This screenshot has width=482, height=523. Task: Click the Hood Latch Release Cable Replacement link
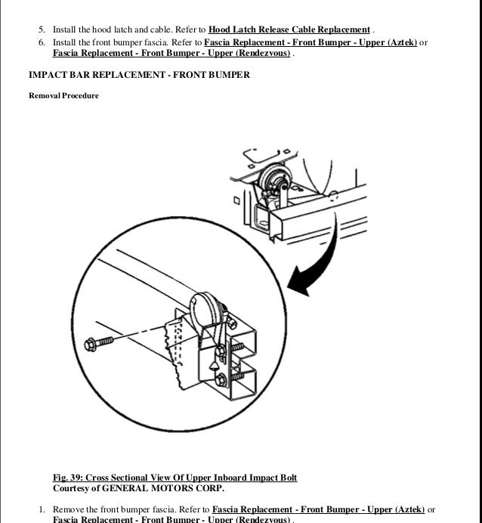point(289,29)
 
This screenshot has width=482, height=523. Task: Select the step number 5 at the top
point(42,29)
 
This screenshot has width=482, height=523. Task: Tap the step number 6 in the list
point(42,42)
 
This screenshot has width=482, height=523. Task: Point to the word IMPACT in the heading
point(47,76)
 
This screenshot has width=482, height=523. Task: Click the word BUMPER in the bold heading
point(225,76)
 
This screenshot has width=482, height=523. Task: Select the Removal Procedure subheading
point(63,96)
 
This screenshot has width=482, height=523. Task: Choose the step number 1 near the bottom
point(42,509)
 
